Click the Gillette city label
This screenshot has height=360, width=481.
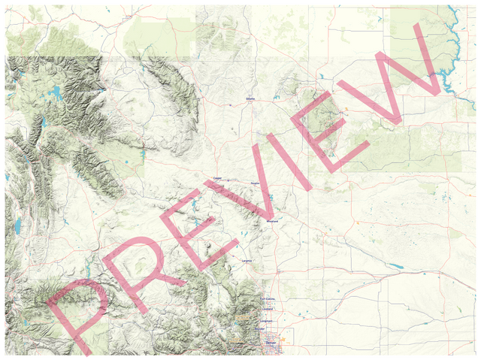point(250,98)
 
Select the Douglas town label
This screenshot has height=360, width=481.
point(254,183)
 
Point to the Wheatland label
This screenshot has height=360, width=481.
point(273,222)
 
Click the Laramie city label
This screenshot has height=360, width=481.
point(247,260)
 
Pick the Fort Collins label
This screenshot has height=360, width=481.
point(268,299)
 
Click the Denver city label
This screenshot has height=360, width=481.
point(271,342)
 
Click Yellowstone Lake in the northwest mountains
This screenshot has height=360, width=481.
point(56,93)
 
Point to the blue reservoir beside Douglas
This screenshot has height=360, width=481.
point(268,198)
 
